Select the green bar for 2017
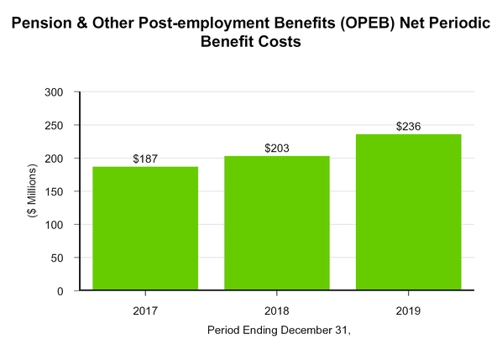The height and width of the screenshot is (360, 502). click(145, 228)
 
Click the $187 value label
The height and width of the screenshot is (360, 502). click(145, 159)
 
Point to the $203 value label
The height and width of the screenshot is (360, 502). click(277, 148)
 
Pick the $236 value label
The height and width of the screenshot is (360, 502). click(408, 126)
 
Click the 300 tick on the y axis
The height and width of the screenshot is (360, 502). click(61, 91)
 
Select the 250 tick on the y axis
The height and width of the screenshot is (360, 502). click(61, 125)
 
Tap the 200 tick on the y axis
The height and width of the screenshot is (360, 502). click(61, 158)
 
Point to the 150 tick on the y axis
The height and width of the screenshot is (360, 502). click(61, 191)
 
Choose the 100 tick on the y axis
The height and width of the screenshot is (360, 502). click(61, 225)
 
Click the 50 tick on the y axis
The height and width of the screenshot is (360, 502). click(65, 258)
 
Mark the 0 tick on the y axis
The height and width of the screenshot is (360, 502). click(68, 291)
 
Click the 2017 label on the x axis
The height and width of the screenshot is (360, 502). click(145, 310)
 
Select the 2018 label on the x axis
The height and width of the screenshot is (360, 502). click(277, 310)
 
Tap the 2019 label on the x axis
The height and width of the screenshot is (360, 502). click(408, 310)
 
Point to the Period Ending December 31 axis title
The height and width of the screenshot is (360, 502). click(278, 331)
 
